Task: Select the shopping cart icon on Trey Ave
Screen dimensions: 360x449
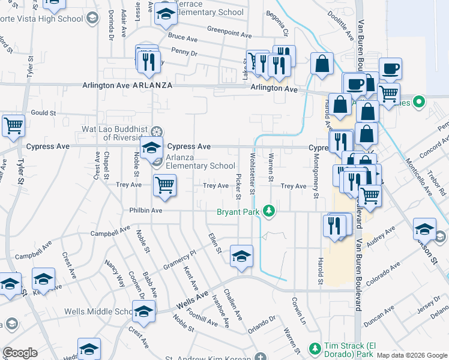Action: pyautogui.click(x=164, y=185)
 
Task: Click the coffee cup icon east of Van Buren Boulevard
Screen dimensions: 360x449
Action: pyautogui.click(x=391, y=70)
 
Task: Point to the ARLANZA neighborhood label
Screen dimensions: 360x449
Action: pyautogui.click(x=152, y=86)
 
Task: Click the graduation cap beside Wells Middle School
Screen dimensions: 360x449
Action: pyautogui.click(x=143, y=311)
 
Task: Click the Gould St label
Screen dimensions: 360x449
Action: pyautogui.click(x=43, y=112)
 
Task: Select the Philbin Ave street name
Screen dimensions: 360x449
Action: pyautogui.click(x=145, y=211)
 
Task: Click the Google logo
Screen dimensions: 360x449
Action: pyautogui.click(x=20, y=352)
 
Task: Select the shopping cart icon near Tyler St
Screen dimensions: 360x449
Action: pyautogui.click(x=13, y=125)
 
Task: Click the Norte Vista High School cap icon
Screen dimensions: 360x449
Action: pyautogui.click(x=92, y=19)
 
